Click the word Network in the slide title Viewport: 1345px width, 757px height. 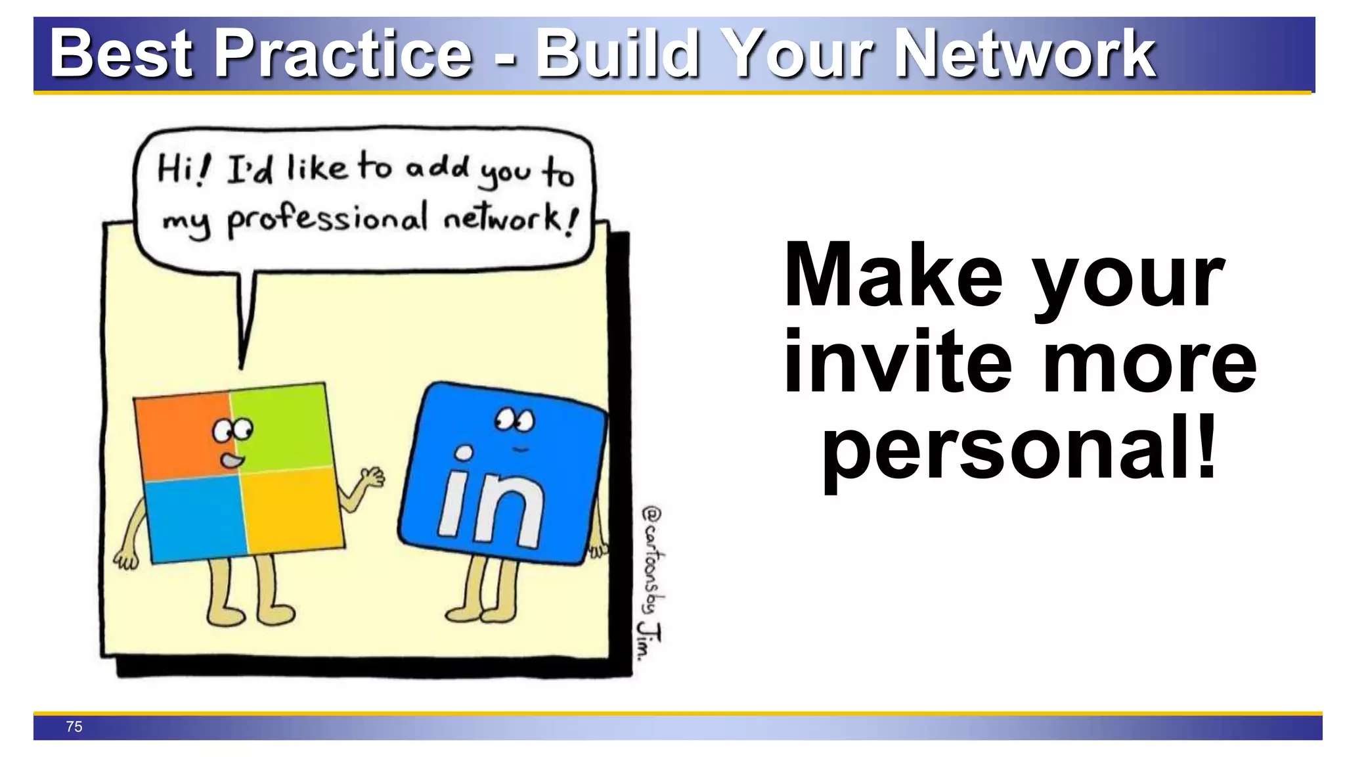coord(1025,54)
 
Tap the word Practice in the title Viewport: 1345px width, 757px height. coord(343,54)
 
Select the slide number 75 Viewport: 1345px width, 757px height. coord(74,726)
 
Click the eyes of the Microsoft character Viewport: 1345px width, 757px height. coord(232,430)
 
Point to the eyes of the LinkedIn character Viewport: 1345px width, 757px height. coord(515,419)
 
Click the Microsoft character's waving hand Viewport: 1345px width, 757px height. coord(374,476)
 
